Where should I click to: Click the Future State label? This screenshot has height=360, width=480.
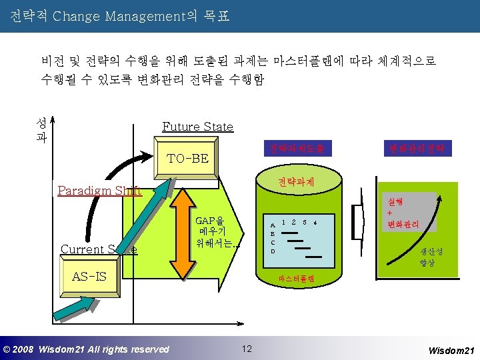click(198, 127)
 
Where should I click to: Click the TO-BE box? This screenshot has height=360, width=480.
click(188, 159)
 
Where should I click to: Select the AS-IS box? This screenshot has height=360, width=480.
click(89, 276)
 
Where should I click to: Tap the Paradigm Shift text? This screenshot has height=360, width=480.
click(99, 191)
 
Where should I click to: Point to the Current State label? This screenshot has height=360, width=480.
click(99, 249)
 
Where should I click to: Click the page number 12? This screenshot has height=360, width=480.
click(247, 349)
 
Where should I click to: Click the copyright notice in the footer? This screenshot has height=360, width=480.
click(86, 349)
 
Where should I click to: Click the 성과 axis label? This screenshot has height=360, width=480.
click(41, 131)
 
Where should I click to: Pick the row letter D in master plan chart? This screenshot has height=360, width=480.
click(271, 251)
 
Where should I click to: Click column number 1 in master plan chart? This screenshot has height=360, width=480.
click(284, 221)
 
